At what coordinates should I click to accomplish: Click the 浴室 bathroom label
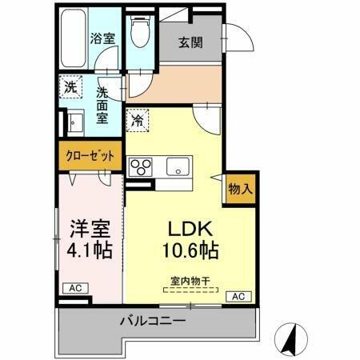click(102, 38)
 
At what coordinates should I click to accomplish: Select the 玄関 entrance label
click(190, 42)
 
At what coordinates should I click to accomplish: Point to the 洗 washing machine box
click(70, 88)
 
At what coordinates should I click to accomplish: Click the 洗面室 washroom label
click(102, 104)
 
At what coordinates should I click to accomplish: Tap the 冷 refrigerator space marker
click(138, 121)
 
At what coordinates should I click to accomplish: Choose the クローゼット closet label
click(90, 157)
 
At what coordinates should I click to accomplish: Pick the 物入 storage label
click(240, 189)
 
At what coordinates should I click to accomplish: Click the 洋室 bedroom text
click(90, 226)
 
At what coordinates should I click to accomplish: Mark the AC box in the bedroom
click(74, 288)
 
